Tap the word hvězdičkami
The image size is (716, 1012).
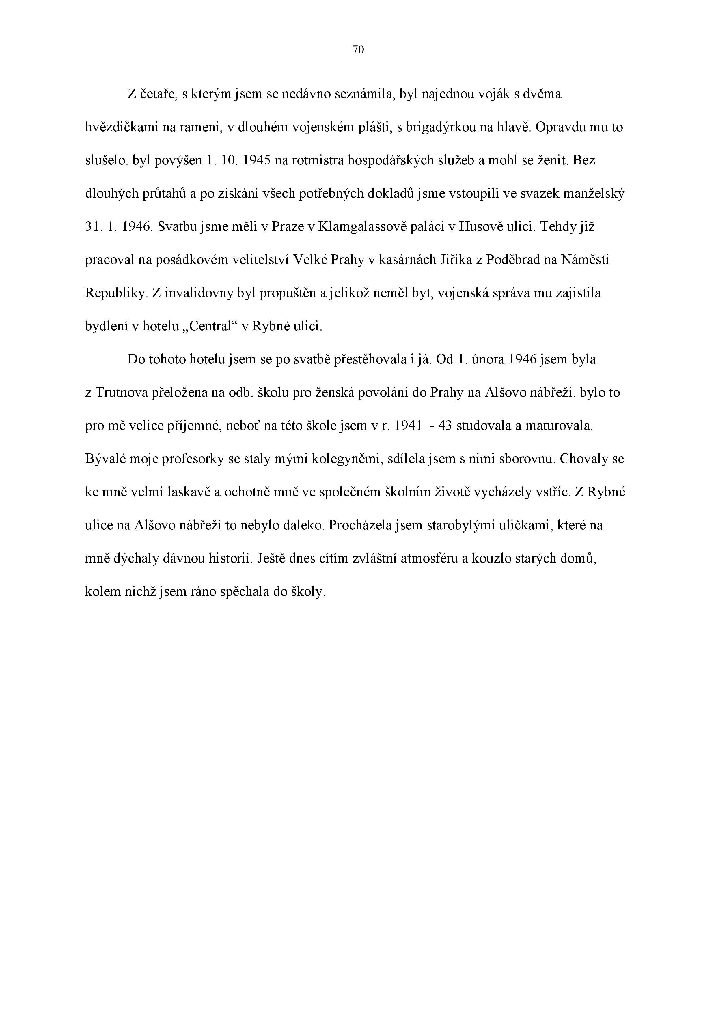pyautogui.click(x=121, y=128)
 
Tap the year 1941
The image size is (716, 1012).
pyautogui.click(x=407, y=426)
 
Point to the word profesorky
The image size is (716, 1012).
pyautogui.click(x=193, y=459)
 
